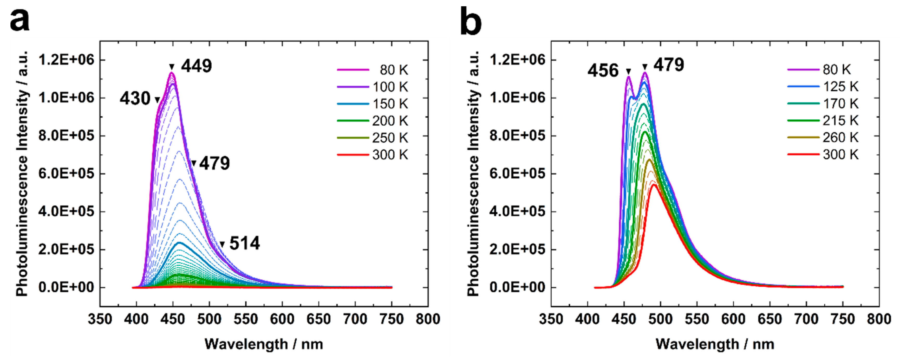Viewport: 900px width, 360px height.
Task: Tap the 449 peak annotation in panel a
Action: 196,66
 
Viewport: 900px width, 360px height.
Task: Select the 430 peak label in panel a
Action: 135,99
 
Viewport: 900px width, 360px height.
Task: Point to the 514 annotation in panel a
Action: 245,243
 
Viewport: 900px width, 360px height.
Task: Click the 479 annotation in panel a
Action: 214,163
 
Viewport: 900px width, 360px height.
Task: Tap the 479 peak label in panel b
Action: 669,65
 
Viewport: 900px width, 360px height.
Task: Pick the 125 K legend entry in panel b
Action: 840,87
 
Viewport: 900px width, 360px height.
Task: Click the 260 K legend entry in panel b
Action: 840,138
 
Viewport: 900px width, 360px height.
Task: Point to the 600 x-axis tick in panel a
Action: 282,319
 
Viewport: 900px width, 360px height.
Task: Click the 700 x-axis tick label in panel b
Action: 806,319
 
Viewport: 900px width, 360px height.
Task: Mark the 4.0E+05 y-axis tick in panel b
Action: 517,211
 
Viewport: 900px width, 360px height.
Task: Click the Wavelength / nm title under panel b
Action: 715,344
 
